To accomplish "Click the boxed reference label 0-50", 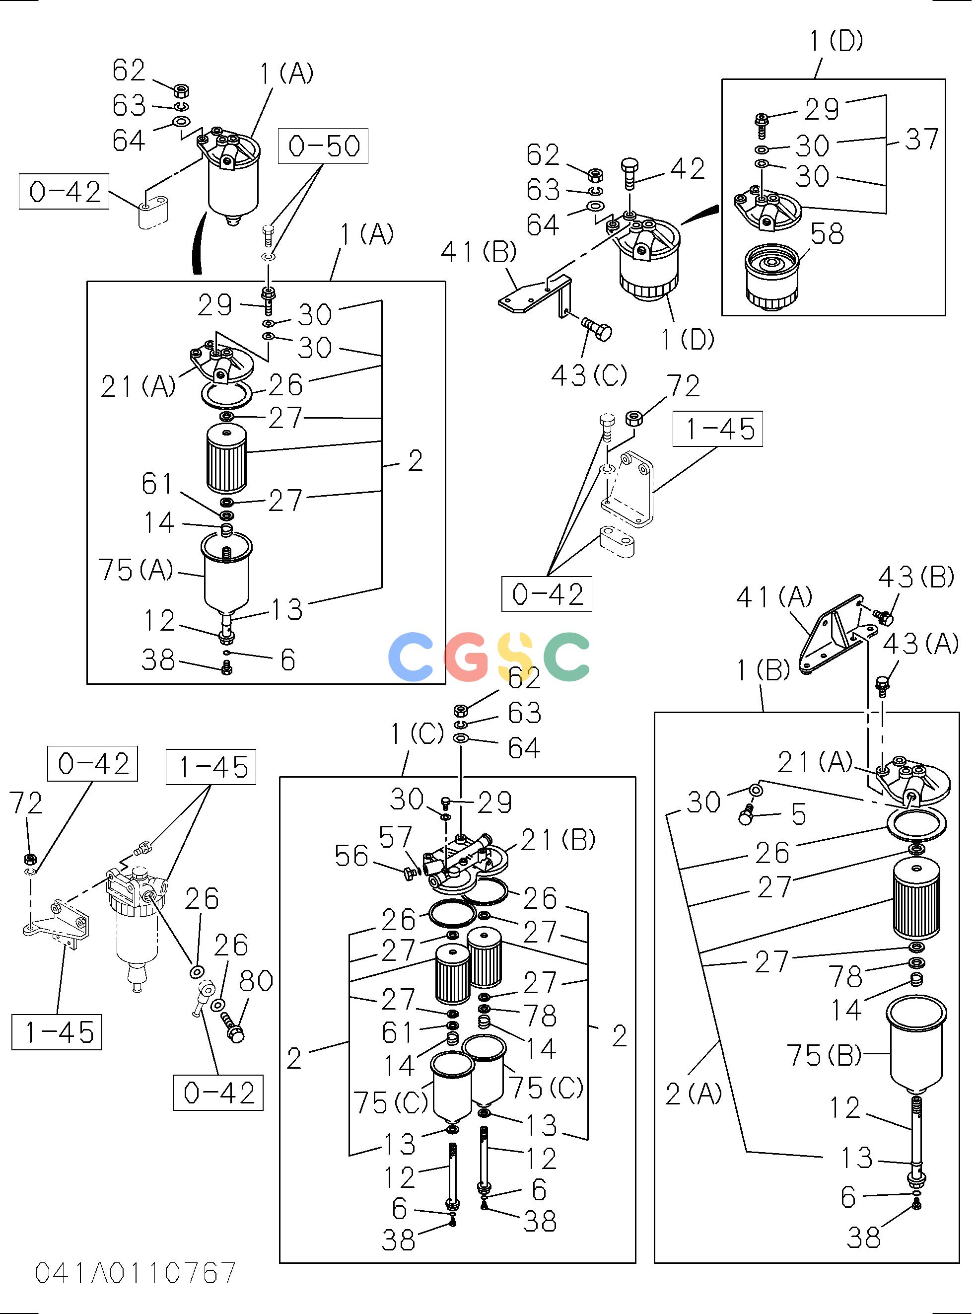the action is click(324, 146).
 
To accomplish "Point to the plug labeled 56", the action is click(409, 872).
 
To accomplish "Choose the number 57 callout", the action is click(395, 837).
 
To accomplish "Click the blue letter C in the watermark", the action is click(411, 656).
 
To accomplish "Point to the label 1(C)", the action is click(417, 734).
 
